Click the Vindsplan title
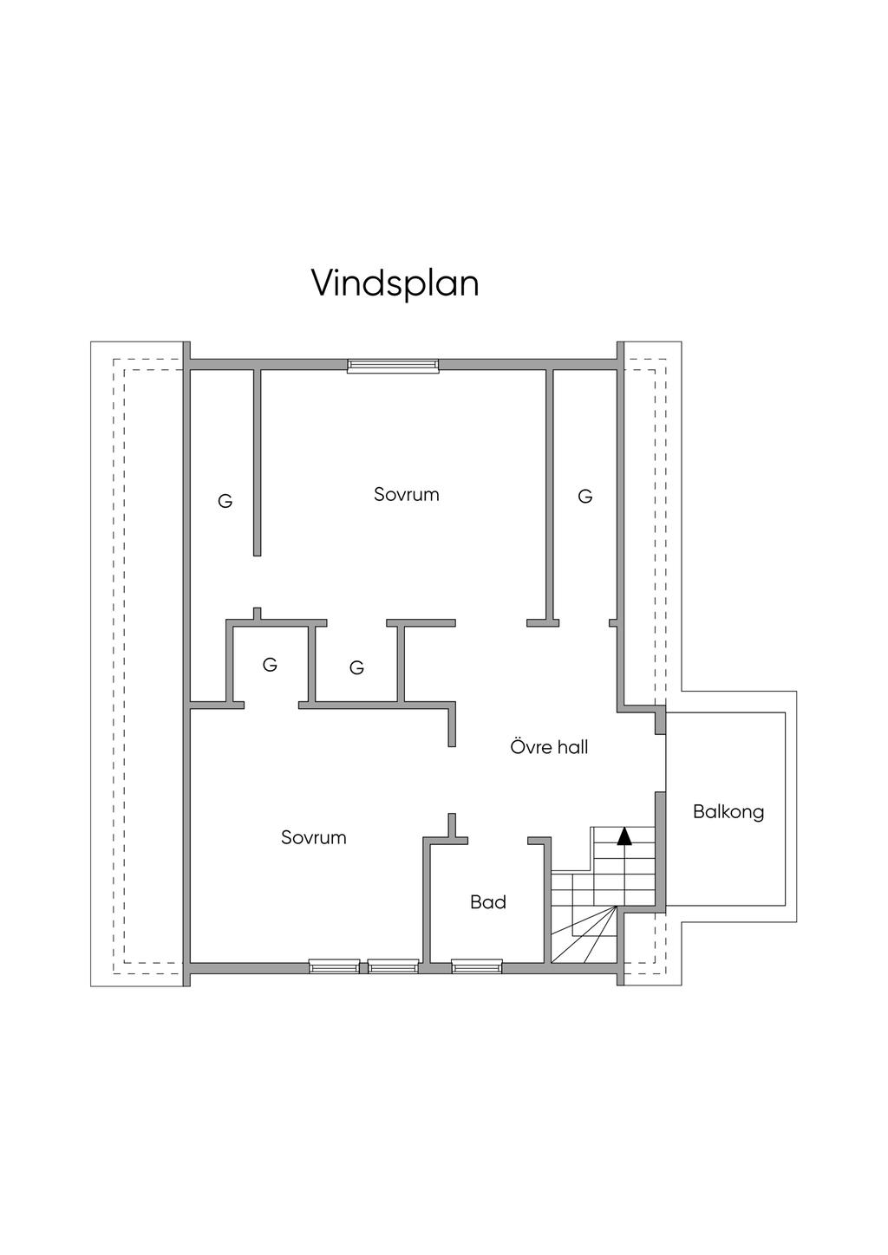tap(395, 283)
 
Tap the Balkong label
tap(728, 812)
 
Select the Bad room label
tap(488, 902)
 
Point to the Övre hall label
tap(549, 747)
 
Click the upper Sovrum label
tap(407, 495)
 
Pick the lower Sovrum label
tap(313, 837)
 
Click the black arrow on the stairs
tap(624, 836)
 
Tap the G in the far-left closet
tap(225, 501)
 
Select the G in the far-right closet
tap(585, 497)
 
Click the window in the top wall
tap(393, 366)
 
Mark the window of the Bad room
tap(477, 966)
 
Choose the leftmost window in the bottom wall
tap(335, 966)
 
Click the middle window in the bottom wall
tap(393, 966)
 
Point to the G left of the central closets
tap(270, 665)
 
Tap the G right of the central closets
tap(356, 668)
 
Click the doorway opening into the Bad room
tap(498, 840)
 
